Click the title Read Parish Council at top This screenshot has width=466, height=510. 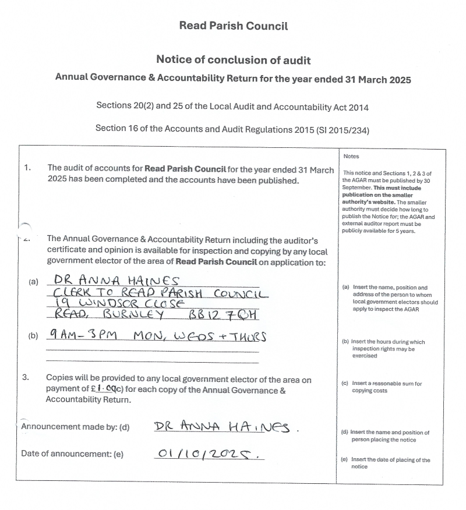(x=233, y=26)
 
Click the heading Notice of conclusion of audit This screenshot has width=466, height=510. (x=233, y=60)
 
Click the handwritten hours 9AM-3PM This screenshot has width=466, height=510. (x=83, y=337)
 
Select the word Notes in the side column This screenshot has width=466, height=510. (x=351, y=157)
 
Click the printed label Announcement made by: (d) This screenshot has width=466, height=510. (x=75, y=427)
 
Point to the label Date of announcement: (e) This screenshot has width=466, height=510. (x=72, y=454)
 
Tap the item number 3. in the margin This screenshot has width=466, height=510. (x=26, y=378)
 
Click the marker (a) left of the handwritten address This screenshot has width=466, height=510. (x=33, y=282)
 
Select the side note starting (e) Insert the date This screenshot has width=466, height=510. (x=385, y=463)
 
